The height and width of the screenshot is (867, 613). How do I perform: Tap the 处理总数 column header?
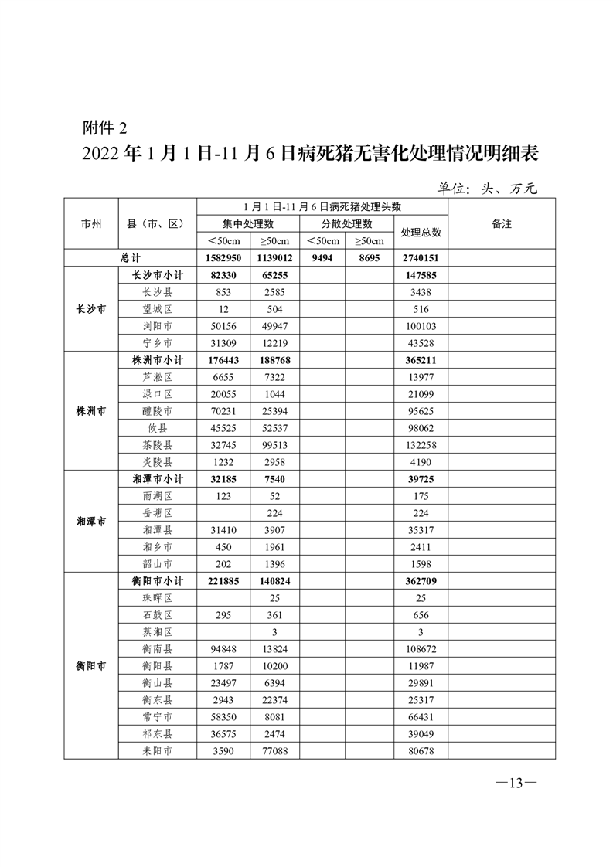pyautogui.click(x=421, y=232)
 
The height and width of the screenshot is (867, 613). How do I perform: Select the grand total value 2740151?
pyautogui.click(x=421, y=258)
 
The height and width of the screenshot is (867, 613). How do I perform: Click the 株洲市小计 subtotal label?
pyautogui.click(x=158, y=359)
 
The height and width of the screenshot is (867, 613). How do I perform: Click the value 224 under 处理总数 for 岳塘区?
pyautogui.click(x=421, y=512)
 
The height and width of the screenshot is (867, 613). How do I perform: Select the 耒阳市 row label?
pyautogui.click(x=158, y=750)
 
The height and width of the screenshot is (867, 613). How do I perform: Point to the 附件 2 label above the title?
pyautogui.click(x=102, y=127)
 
